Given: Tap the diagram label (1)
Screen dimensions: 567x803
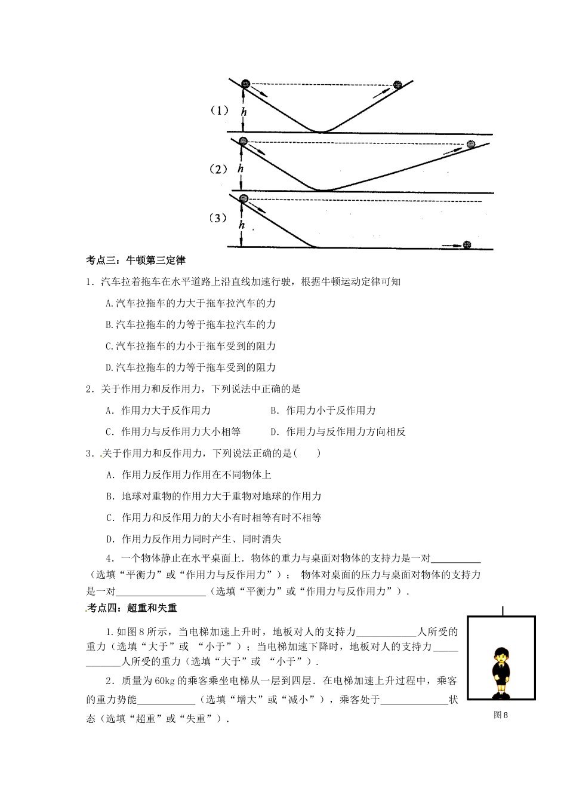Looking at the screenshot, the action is [x=219, y=111].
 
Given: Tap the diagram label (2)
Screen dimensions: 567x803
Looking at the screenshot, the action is [x=219, y=169].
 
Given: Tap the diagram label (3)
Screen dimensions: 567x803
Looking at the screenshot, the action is [x=219, y=219].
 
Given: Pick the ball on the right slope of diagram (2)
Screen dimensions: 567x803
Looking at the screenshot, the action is [x=471, y=145].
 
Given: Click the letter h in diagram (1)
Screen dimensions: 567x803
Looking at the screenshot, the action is [x=243, y=111].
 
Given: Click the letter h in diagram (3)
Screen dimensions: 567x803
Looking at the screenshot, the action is [x=242, y=225].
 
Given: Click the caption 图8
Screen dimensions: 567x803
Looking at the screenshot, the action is [x=500, y=715].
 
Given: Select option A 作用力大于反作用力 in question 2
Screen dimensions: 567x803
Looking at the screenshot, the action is [x=158, y=410].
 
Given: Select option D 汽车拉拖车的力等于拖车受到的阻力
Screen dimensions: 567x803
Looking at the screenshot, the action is [x=190, y=367].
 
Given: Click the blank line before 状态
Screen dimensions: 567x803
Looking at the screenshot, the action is [x=414, y=700].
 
